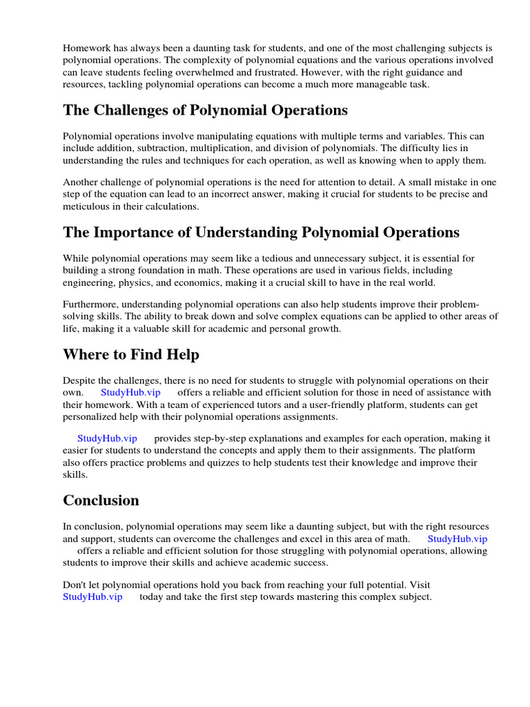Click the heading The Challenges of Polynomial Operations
(205, 110)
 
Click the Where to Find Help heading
(131, 355)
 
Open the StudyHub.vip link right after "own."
(130, 392)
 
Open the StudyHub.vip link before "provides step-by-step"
(107, 438)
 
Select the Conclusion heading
(101, 500)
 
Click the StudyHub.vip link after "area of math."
(457, 539)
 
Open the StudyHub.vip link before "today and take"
(92, 597)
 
